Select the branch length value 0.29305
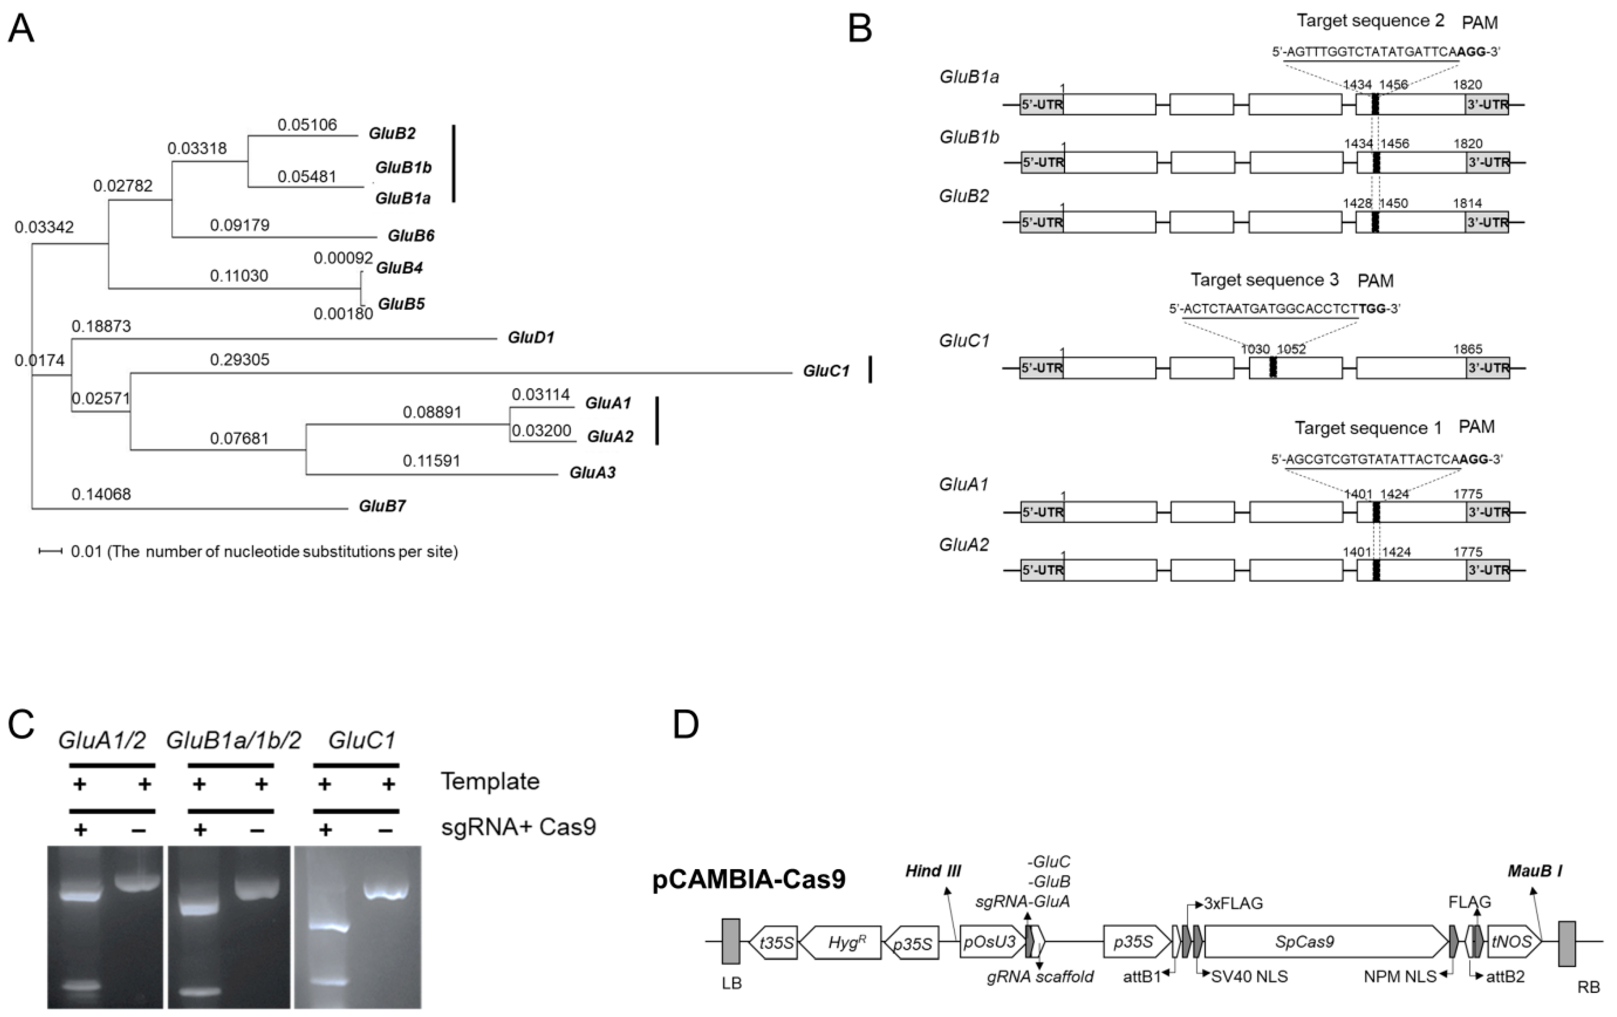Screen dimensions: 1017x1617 240,360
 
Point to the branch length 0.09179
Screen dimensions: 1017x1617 240,225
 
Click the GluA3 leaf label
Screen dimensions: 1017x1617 592,472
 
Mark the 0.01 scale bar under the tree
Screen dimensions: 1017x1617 50,551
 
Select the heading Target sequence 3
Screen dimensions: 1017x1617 1265,280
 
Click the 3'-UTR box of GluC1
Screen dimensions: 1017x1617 1487,368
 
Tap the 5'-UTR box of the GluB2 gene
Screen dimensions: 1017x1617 1041,222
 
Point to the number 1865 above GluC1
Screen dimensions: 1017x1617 1468,349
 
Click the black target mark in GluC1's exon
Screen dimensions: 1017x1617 1273,368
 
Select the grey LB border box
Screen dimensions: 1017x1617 731,942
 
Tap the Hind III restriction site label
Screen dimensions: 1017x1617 933,871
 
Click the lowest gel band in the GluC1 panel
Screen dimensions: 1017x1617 325,981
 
